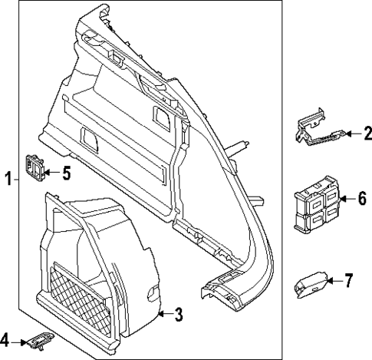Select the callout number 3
pyautogui.click(x=178, y=313)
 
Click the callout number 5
pyautogui.click(x=66, y=173)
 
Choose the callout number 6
pyautogui.click(x=361, y=199)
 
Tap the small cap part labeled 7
pyautogui.click(x=311, y=286)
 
